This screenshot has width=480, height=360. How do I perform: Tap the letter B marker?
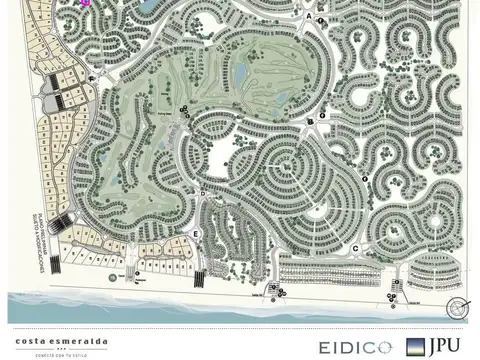tap(310, 123)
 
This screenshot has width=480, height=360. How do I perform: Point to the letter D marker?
tap(203, 193)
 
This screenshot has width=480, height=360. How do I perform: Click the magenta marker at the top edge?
tap(85, 3)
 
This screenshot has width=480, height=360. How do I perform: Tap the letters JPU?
tap(446, 345)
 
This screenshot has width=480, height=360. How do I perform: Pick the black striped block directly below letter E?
tap(198, 277)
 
